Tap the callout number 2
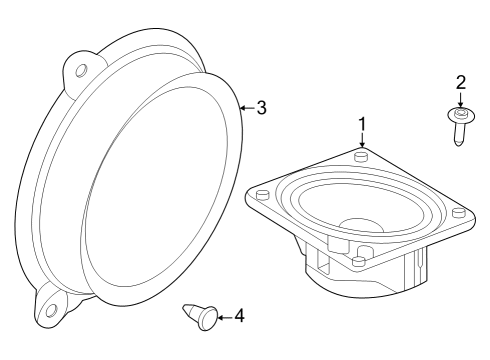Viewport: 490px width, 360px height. [x=461, y=83]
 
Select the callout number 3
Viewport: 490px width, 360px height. [x=261, y=108]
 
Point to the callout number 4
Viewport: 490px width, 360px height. [x=238, y=316]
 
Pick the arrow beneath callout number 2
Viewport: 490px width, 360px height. [x=461, y=101]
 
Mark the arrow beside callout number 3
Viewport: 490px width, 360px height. [x=246, y=106]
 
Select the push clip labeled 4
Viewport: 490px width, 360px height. [x=201, y=317]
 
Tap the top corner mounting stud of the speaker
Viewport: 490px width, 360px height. [x=363, y=155]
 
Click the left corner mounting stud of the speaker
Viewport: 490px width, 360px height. [x=262, y=196]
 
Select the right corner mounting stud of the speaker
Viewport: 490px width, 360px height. [x=458, y=212]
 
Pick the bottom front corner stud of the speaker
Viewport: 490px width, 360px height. [x=356, y=263]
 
